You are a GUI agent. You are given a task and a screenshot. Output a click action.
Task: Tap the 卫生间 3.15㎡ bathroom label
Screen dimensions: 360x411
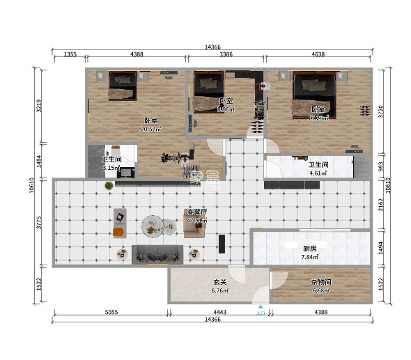112,164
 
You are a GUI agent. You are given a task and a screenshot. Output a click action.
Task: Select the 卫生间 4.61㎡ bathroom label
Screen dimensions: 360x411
318,168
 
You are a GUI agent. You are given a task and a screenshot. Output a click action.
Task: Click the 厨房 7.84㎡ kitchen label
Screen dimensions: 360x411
310,253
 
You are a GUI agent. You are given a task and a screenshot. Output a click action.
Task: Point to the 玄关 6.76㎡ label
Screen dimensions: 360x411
220,286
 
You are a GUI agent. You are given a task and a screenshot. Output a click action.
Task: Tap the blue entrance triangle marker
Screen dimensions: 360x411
261,306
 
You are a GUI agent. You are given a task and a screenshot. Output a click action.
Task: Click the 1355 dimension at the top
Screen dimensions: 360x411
70,54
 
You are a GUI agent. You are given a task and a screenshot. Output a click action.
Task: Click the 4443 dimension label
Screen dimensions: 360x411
219,313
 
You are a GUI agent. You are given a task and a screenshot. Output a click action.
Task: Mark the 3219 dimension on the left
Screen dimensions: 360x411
40,105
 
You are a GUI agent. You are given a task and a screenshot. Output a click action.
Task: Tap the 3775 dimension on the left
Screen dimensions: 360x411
40,222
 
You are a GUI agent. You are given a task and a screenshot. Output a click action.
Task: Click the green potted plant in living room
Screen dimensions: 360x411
109,186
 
